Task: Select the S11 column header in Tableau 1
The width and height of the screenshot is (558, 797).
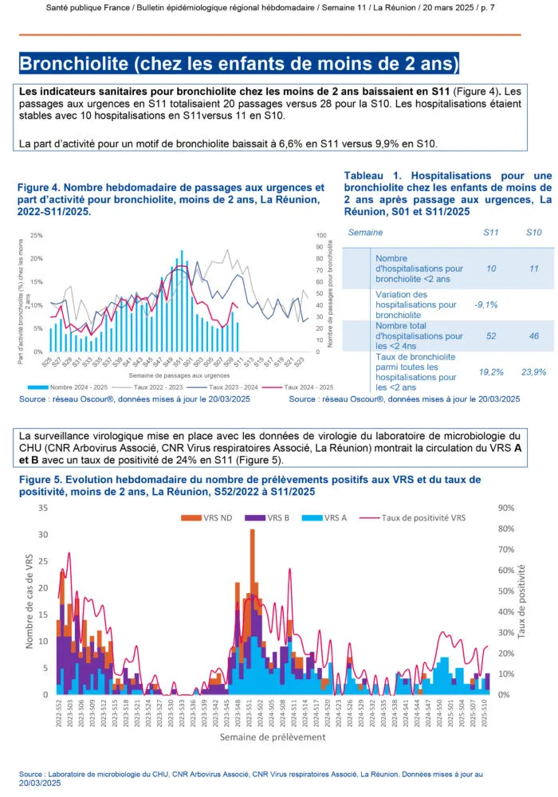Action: coord(492,233)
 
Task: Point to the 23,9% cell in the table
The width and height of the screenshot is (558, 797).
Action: coord(533,371)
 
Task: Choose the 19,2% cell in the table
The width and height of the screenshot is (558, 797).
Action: coord(491,371)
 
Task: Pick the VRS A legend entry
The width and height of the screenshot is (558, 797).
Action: coord(332,518)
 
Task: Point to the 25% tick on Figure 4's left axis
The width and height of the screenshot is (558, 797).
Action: coord(35,236)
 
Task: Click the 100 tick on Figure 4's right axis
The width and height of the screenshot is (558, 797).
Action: coord(322,236)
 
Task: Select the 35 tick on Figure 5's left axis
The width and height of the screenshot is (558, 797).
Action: coord(42,508)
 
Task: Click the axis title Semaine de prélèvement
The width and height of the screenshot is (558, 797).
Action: coord(272,737)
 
